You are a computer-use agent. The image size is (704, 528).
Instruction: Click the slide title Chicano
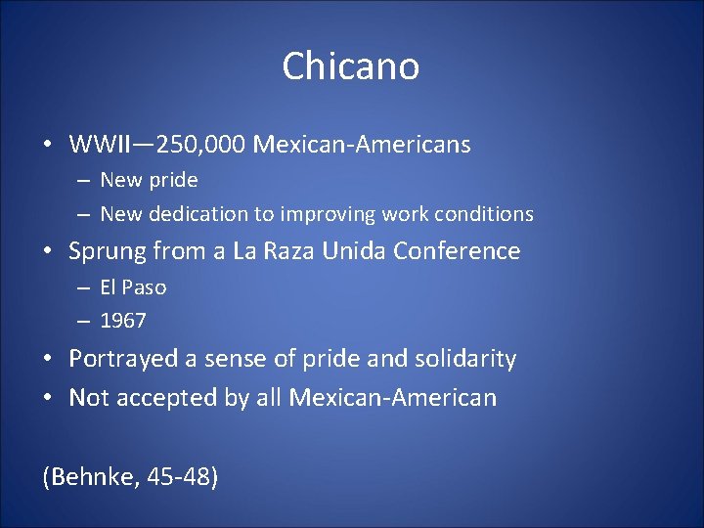pyautogui.click(x=351, y=66)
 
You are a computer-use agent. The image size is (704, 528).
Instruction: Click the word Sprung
pyautogui.click(x=105, y=251)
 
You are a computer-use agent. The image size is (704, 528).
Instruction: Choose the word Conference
pyautogui.click(x=457, y=251)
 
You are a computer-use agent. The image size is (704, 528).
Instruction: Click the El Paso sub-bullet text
pyautogui.click(x=133, y=287)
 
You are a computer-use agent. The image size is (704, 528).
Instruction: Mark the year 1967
pyautogui.click(x=122, y=321)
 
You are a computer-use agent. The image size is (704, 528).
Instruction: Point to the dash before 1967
pyautogui.click(x=84, y=321)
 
